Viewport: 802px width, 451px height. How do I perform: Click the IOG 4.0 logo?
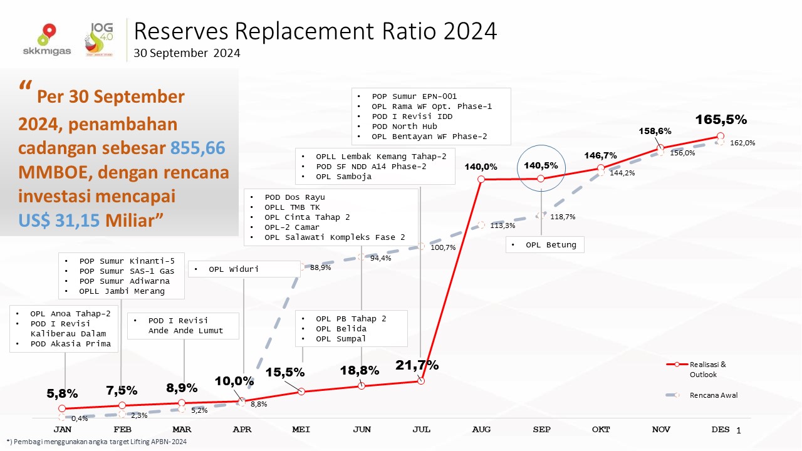(103, 39)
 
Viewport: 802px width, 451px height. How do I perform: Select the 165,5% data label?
(720, 119)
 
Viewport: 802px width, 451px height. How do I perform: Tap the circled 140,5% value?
(541, 166)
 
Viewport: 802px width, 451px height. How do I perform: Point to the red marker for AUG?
(481, 179)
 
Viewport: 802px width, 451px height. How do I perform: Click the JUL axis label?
(422, 430)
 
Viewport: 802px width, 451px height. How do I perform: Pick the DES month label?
(721, 430)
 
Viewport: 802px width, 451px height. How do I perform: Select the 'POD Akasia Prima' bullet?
(70, 344)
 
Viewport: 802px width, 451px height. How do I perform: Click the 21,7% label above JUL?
(417, 365)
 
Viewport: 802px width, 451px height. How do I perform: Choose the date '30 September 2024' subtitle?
(187, 54)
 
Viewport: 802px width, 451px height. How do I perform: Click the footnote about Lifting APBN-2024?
(96, 442)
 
